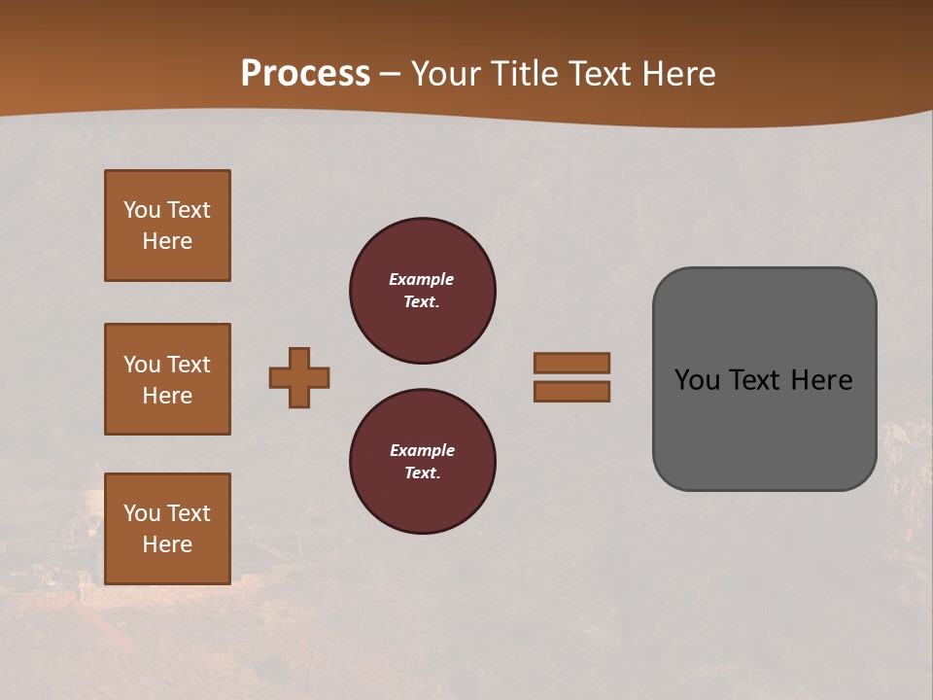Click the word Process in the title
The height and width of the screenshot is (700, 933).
coord(305,74)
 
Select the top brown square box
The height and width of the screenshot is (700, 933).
coord(167,226)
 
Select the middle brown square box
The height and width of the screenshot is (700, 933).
coord(167,379)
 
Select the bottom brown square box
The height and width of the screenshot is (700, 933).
coord(167,529)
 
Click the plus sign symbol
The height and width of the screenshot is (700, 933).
coord(299,377)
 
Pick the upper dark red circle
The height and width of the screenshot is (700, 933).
coord(423,291)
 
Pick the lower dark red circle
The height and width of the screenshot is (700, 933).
coord(423,462)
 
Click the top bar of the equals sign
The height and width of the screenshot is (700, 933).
coord(571,363)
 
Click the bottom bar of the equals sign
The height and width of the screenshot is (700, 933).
coord(571,392)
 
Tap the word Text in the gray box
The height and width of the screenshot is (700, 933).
coord(754,380)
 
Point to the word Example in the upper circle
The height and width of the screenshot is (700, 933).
coord(422,280)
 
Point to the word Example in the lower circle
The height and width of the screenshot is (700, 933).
coord(422,451)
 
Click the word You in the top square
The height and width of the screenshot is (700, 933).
coord(142,210)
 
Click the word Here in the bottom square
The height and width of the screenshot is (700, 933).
coord(167,544)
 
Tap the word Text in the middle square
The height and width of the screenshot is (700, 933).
coord(188,365)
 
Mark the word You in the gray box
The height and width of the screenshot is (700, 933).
coord(696,380)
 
